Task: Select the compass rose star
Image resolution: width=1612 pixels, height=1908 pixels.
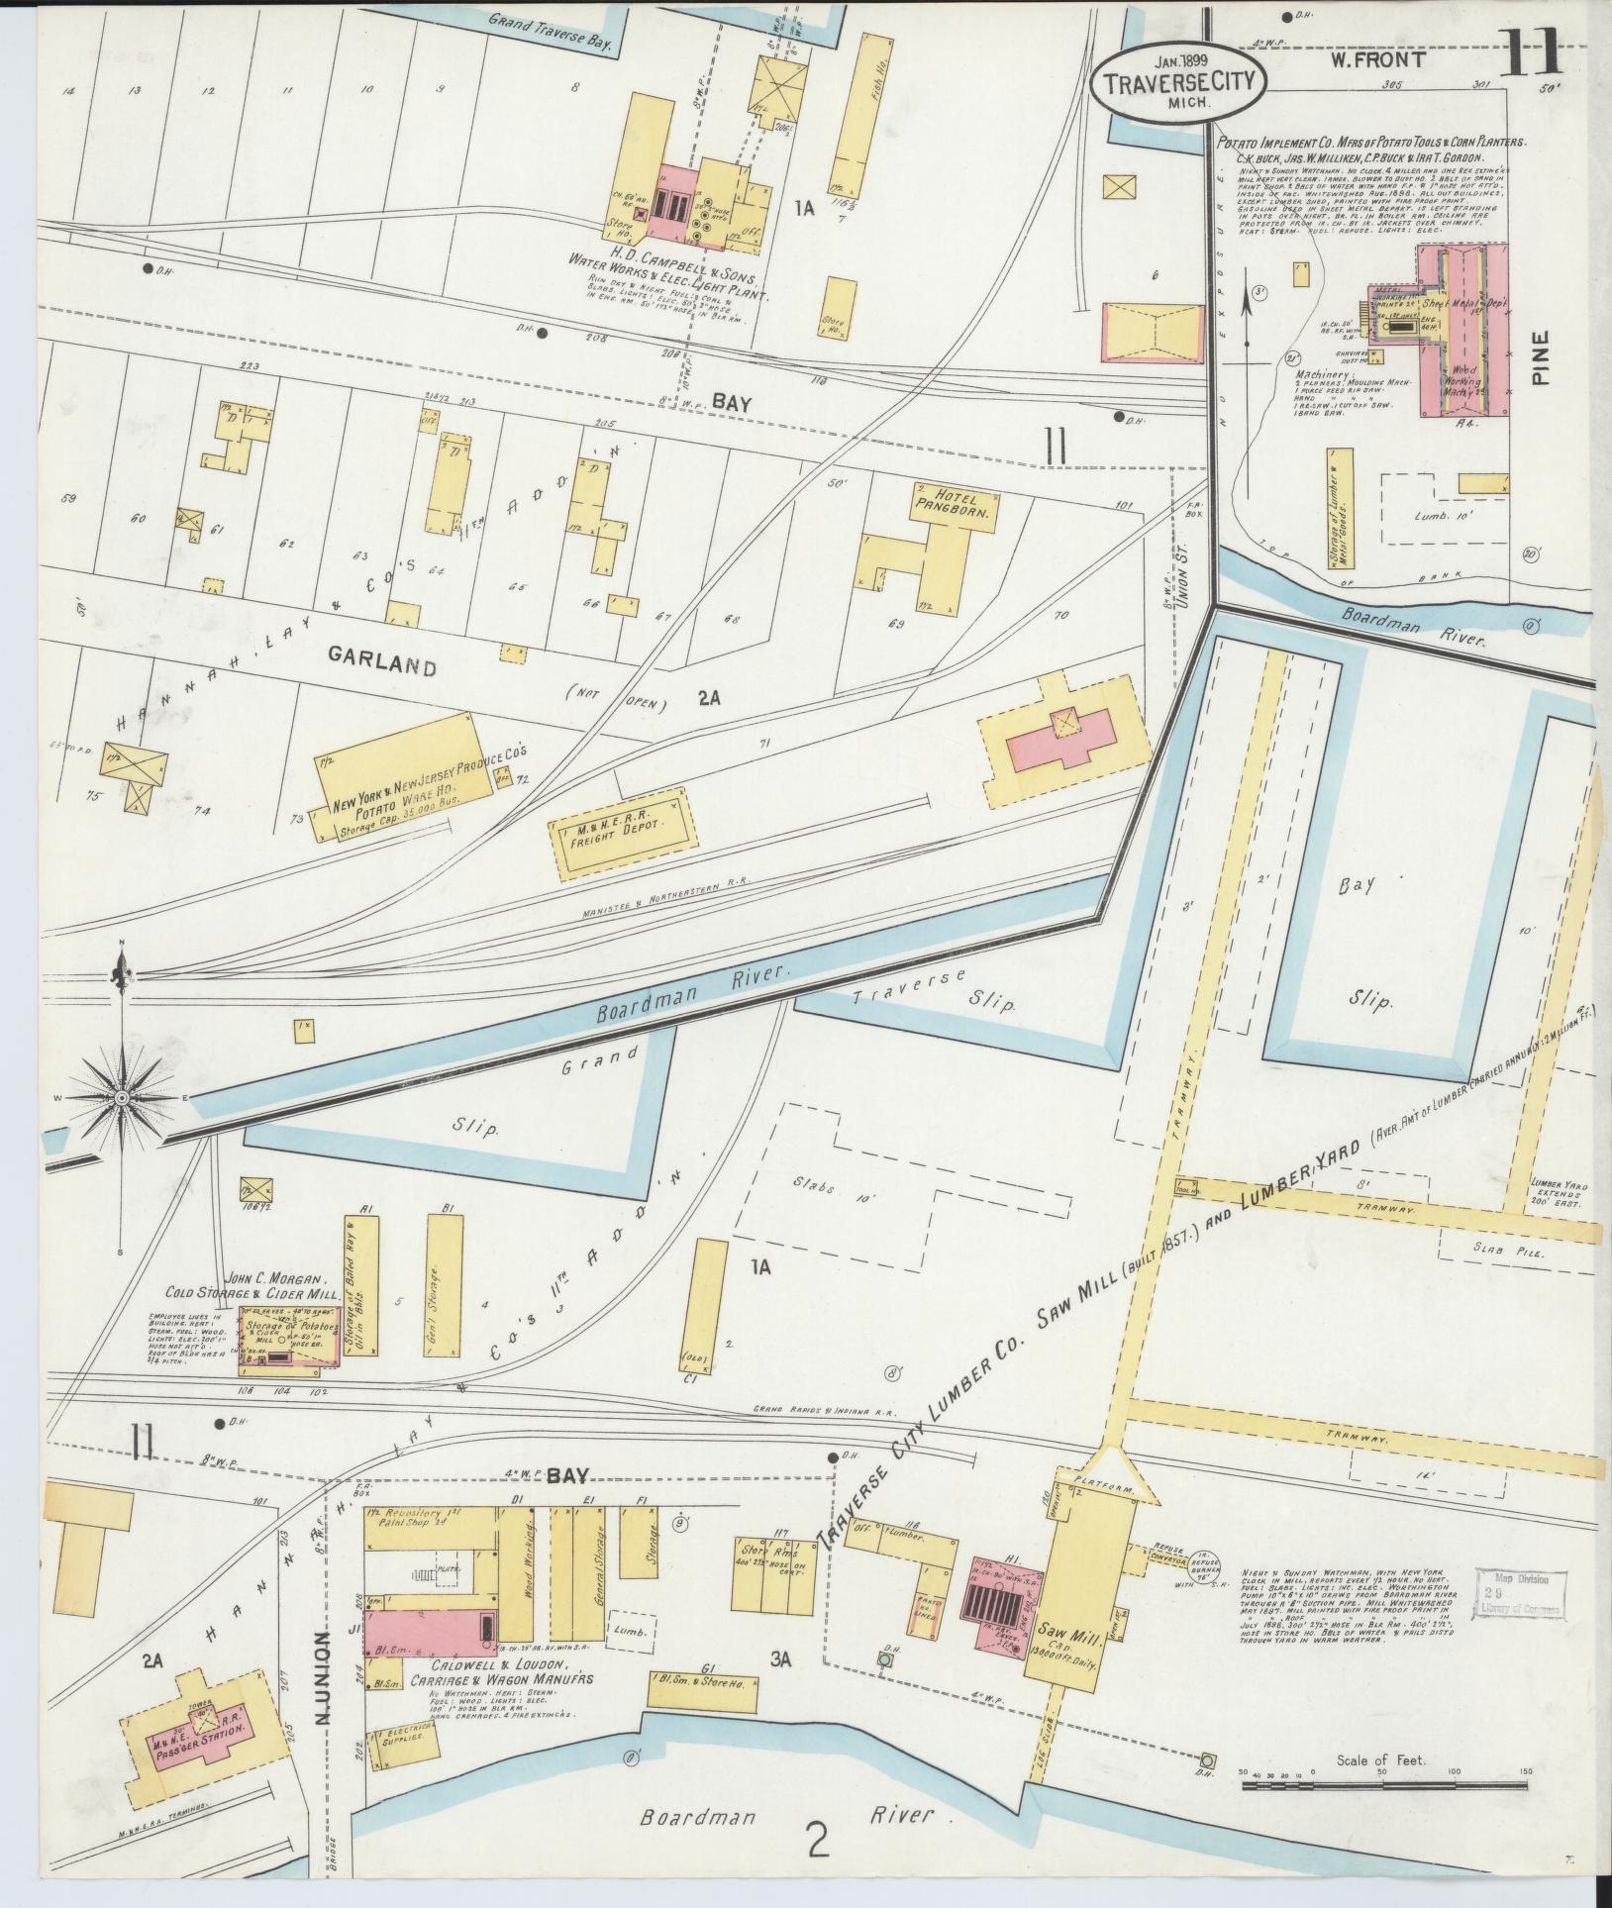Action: pyautogui.click(x=121, y=1097)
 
